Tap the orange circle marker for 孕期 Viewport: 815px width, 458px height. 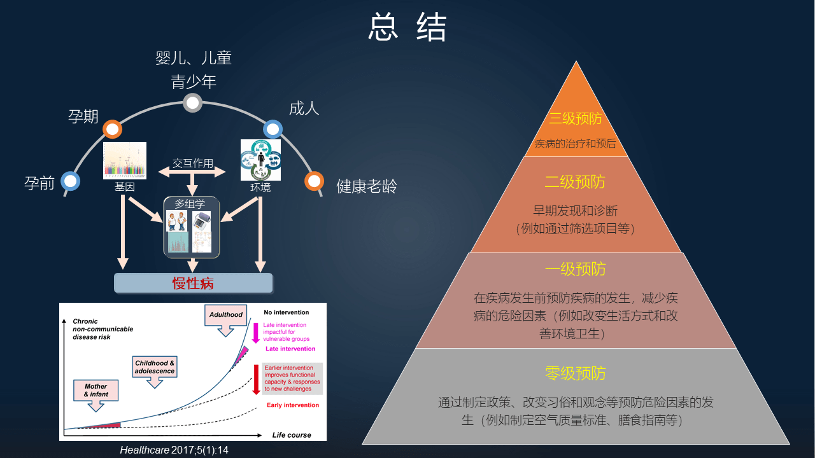tap(112, 129)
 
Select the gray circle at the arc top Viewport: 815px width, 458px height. tap(192, 102)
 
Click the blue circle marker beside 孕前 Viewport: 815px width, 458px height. tap(71, 181)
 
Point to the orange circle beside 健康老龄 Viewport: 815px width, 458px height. tap(314, 181)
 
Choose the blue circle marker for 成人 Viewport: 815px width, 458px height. tap(273, 129)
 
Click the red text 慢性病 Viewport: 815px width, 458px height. tap(193, 283)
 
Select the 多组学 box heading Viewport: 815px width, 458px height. tap(190, 204)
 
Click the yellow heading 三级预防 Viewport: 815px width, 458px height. tap(576, 119)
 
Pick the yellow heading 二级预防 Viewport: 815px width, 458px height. tap(576, 182)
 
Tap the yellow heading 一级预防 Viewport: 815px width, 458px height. tap(576, 269)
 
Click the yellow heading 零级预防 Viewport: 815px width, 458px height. tap(576, 373)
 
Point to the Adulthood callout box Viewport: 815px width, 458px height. tap(226, 315)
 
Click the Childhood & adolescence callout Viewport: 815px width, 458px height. tap(155, 367)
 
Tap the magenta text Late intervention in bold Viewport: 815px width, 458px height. tap(290, 349)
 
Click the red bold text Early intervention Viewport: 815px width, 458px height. tap(293, 405)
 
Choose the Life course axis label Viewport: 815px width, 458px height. tap(292, 435)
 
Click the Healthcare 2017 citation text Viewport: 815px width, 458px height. tap(174, 450)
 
